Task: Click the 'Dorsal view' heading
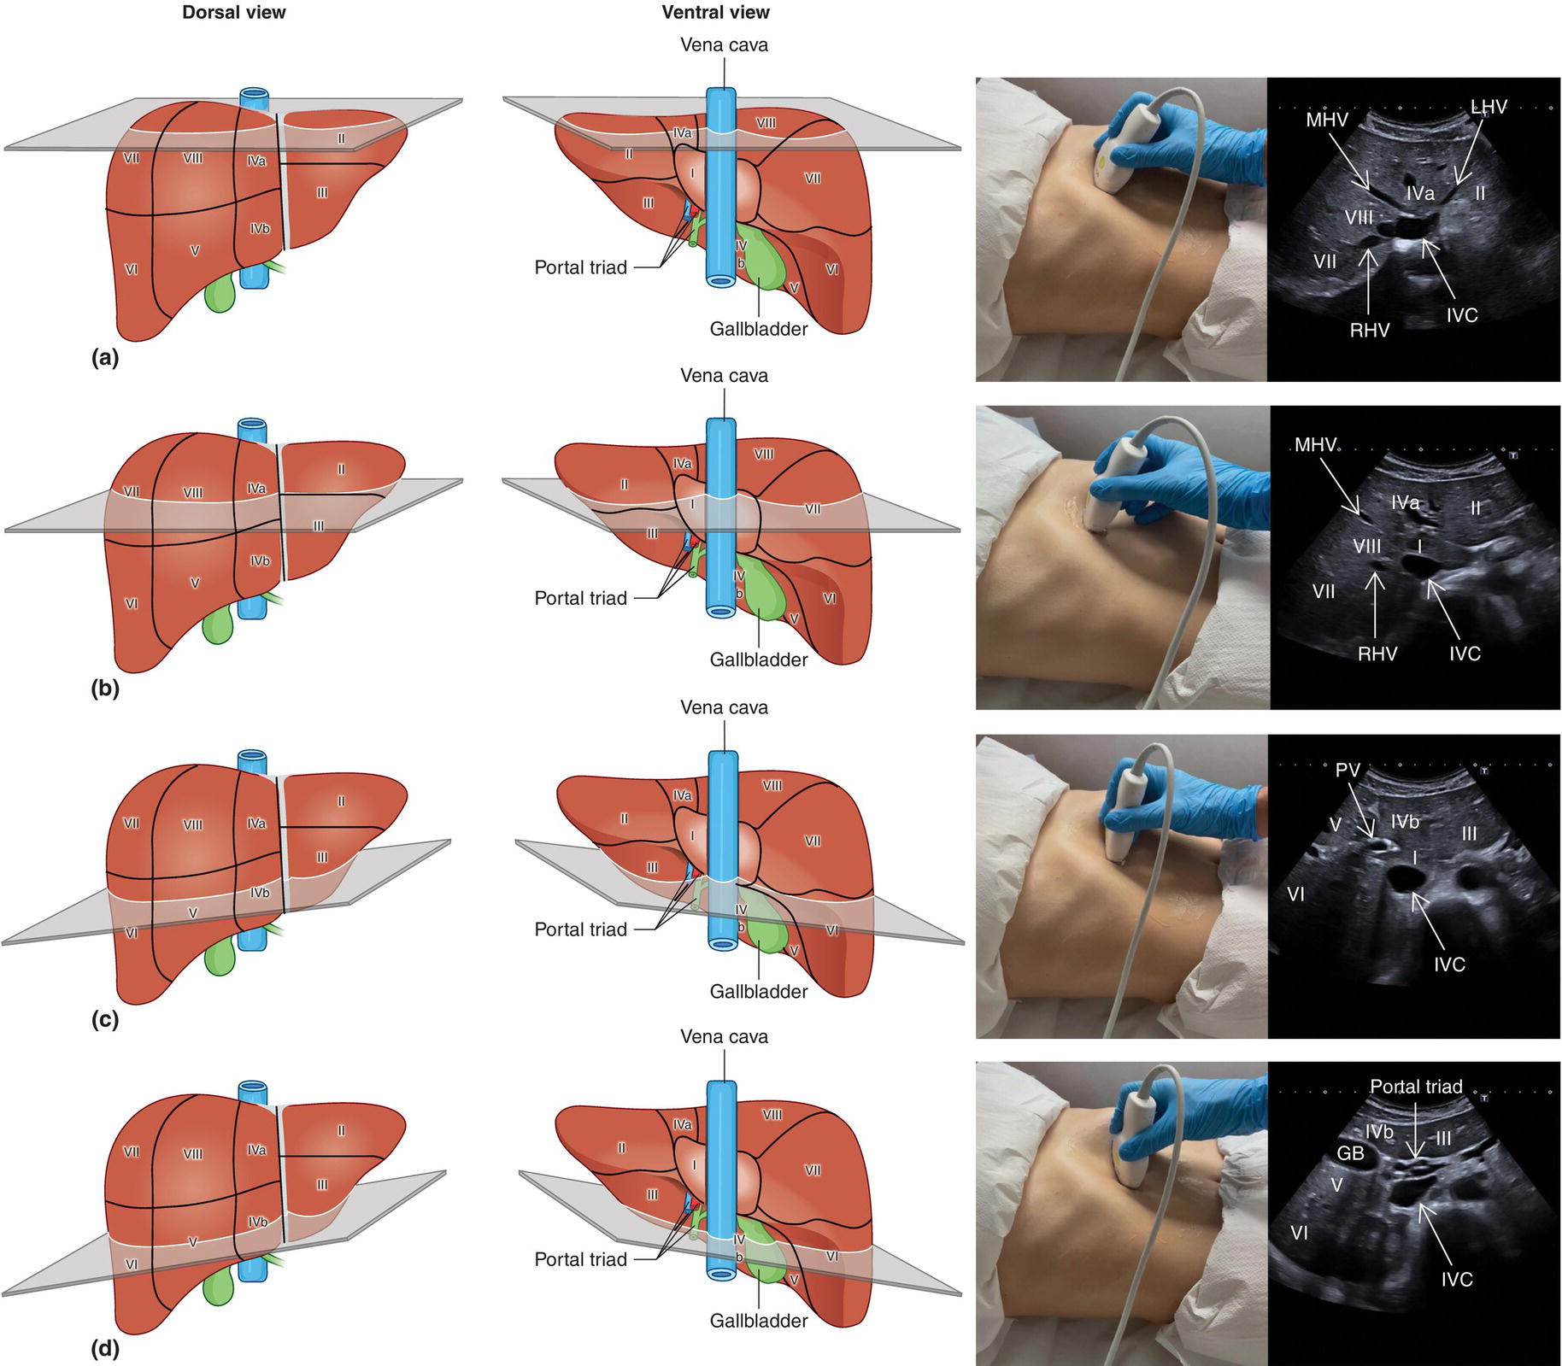pos(233,13)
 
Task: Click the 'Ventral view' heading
pos(715,13)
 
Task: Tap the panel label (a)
pos(104,358)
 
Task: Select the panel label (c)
pos(104,1019)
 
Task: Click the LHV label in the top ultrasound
pos(1489,107)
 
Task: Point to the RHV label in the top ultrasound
pos(1370,331)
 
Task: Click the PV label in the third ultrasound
pos(1347,770)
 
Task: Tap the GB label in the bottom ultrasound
pos(1350,1153)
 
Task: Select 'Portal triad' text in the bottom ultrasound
pos(1416,1087)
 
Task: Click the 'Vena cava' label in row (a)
pos(724,45)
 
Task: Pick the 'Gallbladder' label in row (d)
pos(758,1321)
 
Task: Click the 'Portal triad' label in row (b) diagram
pos(580,598)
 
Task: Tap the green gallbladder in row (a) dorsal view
pos(220,292)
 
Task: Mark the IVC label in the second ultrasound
pos(1465,654)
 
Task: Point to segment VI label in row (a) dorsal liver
pos(132,270)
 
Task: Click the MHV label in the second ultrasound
pos(1315,445)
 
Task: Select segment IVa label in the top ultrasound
pos(1420,194)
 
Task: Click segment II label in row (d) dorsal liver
pos(341,1130)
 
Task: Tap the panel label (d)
pos(104,1350)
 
